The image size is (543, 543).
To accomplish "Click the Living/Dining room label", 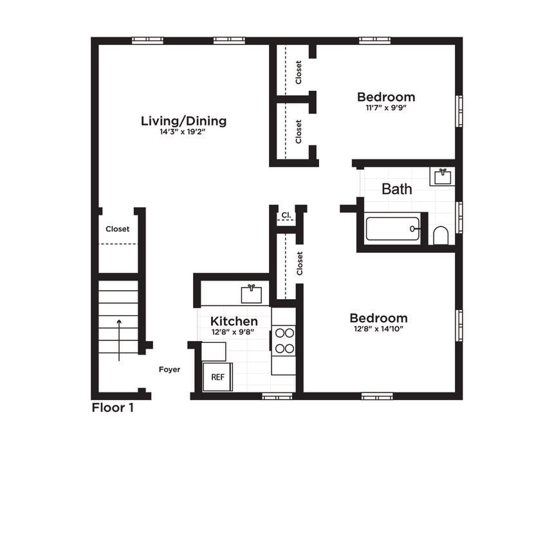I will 183,121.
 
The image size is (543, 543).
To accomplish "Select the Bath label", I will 397,189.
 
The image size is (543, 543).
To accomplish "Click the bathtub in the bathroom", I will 392,228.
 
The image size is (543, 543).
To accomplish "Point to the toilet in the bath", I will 441,235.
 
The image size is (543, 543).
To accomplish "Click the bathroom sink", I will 442,176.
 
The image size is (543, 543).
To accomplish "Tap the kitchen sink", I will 252,294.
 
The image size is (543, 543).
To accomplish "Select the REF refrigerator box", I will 218,377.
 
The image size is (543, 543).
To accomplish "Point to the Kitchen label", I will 234,321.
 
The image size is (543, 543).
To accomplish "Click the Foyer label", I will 170,369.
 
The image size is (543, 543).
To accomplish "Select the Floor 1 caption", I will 113,407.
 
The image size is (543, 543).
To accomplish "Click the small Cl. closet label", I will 286,216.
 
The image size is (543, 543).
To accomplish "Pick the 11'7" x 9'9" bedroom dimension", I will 386,108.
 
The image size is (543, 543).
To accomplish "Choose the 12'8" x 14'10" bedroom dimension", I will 378,329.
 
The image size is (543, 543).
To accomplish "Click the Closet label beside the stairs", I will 118,229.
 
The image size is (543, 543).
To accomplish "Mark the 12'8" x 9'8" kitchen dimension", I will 234,332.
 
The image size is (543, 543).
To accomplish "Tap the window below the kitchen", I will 277,396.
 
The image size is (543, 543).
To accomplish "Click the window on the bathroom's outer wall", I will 459,217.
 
